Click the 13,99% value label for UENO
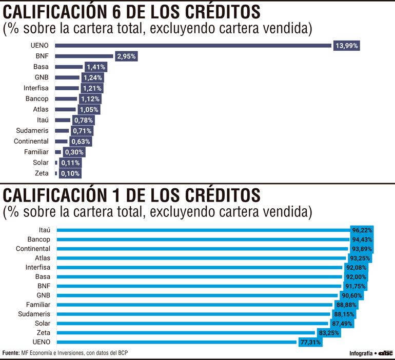(x=347, y=46)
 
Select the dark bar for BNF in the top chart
(x=84, y=56)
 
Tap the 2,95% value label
(x=126, y=56)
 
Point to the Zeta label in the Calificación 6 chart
(x=42, y=173)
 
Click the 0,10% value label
(x=70, y=174)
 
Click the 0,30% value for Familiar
(x=74, y=152)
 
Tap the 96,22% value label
(x=362, y=230)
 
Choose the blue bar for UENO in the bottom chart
(x=176, y=342)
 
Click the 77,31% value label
(x=310, y=342)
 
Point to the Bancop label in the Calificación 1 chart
(x=38, y=239)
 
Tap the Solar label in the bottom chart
(x=42, y=323)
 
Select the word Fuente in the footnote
(x=11, y=353)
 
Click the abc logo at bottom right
(x=385, y=353)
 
